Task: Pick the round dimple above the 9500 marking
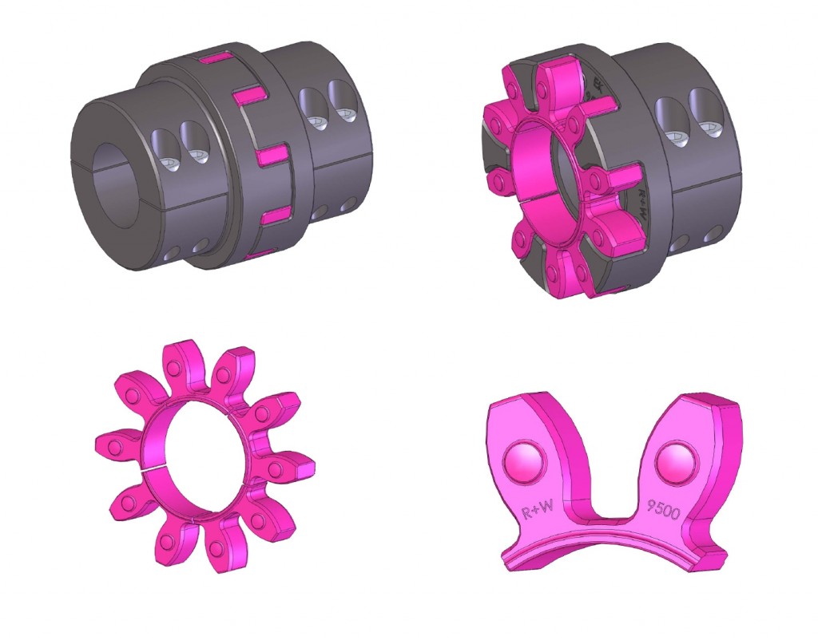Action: [x=673, y=460]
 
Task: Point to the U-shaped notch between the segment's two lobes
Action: [x=600, y=479]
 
